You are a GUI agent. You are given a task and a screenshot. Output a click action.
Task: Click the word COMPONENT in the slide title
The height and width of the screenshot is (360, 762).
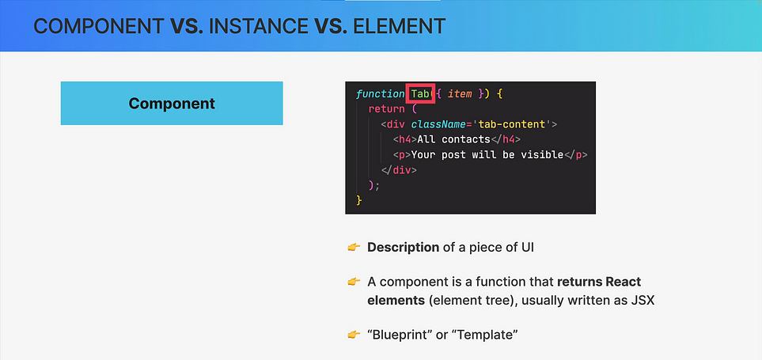coord(99,26)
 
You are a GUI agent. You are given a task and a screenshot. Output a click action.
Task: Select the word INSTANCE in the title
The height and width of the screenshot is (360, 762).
coord(259,26)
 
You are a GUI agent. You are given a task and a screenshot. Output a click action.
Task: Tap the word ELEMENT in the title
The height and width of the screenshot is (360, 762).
coord(399,26)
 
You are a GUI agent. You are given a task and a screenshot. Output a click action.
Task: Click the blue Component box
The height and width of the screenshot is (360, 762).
coord(172,103)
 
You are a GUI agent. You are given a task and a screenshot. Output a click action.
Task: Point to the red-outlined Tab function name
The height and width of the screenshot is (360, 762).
coord(420,94)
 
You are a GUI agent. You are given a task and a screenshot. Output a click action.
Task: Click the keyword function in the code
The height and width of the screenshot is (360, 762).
coord(380,94)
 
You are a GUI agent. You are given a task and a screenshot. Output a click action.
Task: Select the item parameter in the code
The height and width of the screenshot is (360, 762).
coord(460,94)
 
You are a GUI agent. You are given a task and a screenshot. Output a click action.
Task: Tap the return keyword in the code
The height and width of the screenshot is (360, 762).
coord(386,109)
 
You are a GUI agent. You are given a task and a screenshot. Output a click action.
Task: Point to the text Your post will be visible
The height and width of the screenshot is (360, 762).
coord(487,155)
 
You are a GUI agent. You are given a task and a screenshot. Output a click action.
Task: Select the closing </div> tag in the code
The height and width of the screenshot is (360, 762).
coord(399,170)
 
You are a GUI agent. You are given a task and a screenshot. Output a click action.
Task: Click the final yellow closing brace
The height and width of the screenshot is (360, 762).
coord(359,200)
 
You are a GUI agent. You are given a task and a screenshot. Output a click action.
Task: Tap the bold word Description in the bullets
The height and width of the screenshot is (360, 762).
coord(404,248)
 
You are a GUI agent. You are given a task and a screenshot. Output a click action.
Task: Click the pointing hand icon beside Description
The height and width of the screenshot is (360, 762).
coord(353,248)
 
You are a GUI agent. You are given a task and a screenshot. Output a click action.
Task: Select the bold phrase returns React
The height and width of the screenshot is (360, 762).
coord(599,282)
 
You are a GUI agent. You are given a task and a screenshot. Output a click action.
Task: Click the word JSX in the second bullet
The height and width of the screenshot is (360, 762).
coord(644,301)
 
